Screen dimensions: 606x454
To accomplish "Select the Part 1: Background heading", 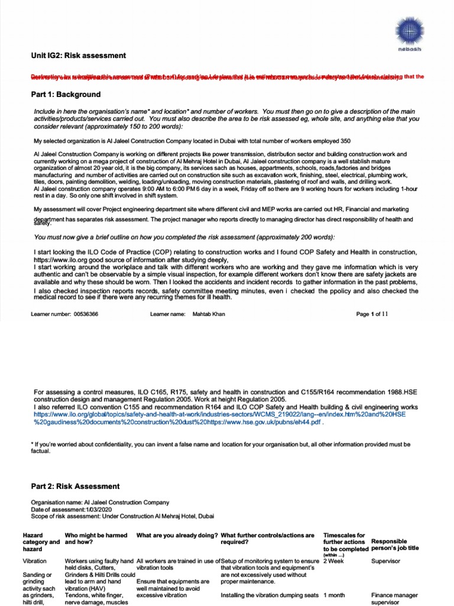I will tap(66, 95).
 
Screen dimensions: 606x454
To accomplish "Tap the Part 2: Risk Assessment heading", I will tap(75, 486).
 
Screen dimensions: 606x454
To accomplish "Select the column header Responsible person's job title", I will tap(395, 544).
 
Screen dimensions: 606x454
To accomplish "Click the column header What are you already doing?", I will tap(177, 535).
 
